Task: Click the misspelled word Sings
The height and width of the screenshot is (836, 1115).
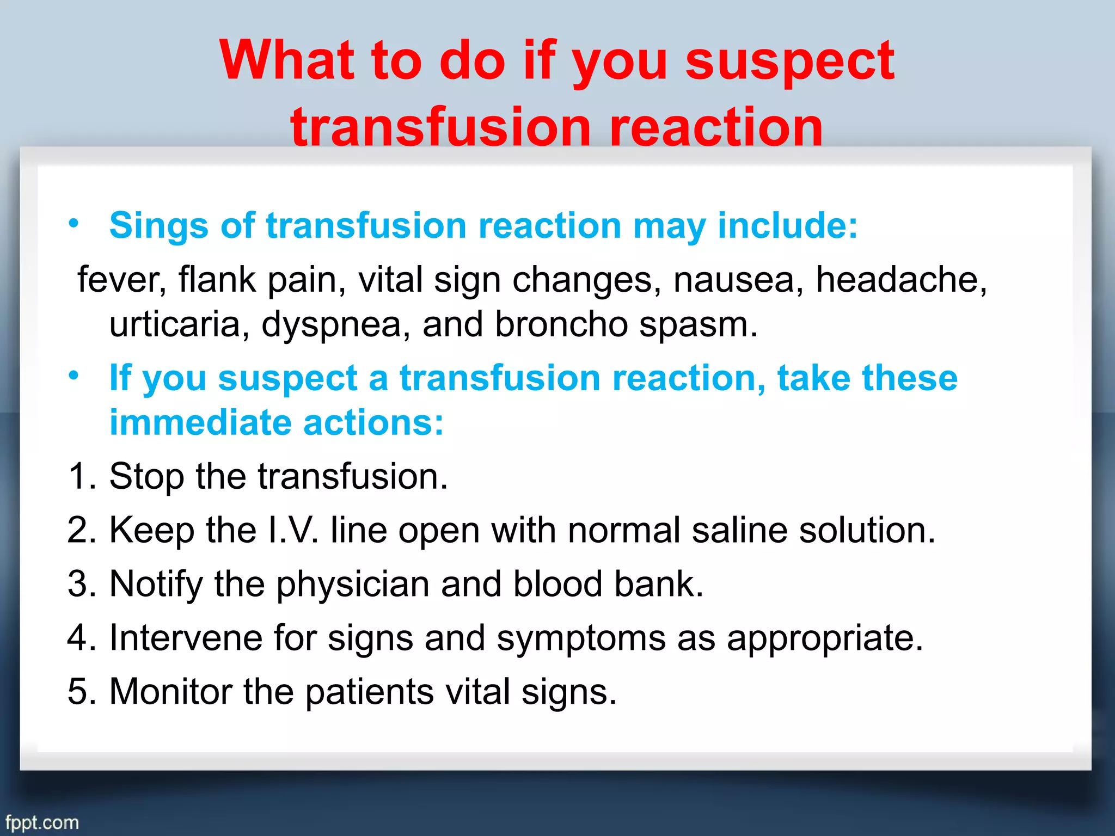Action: point(158,225)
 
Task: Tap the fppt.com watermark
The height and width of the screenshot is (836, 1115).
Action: point(42,822)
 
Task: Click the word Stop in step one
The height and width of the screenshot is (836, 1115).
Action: point(146,477)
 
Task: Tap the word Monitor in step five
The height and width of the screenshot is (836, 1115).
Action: point(170,691)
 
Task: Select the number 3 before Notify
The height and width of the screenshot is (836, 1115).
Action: point(78,584)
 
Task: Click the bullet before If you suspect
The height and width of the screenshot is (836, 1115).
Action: point(74,375)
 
